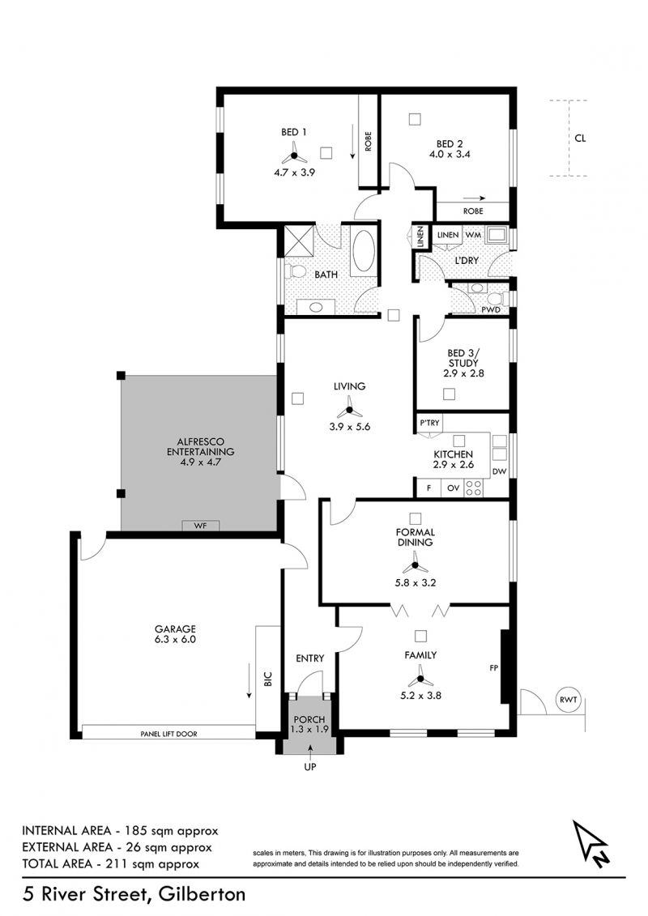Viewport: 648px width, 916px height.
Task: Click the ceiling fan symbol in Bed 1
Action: click(x=294, y=156)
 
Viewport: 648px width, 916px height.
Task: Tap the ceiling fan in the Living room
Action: click(x=349, y=407)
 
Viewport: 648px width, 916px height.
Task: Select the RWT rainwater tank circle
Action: click(x=568, y=699)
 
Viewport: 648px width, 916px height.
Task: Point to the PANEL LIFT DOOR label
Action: click(x=168, y=734)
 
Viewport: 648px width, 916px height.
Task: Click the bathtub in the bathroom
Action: click(x=364, y=251)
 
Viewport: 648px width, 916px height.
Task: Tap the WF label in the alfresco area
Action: click(x=200, y=526)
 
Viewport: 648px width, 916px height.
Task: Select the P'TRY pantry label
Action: click(x=429, y=423)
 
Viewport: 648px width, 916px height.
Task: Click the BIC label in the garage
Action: click(x=268, y=678)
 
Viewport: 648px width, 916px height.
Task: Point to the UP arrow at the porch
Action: click(x=309, y=748)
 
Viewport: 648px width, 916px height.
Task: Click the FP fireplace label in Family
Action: click(x=494, y=667)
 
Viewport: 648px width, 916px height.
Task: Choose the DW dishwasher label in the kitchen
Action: click(x=499, y=471)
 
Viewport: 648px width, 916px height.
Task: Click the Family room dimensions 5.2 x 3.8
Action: click(x=420, y=695)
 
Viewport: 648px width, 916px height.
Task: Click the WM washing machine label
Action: click(x=472, y=235)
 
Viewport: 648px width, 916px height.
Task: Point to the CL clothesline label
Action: click(x=580, y=138)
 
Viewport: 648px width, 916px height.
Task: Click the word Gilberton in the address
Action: click(x=201, y=894)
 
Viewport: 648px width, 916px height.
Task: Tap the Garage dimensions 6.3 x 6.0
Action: click(x=175, y=639)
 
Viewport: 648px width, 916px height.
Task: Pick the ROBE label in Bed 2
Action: click(x=473, y=211)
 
